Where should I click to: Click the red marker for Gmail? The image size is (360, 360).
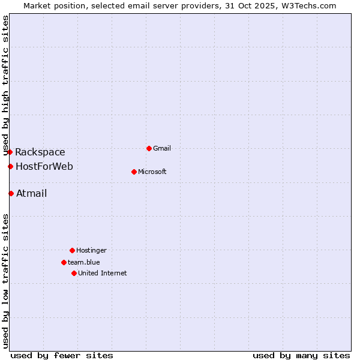149,148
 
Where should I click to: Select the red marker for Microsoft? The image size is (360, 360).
134,172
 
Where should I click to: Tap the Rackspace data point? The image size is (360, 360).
10,152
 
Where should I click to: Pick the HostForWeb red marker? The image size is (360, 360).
10,166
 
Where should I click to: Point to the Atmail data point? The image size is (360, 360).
11,193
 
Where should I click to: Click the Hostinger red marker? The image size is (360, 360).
72,250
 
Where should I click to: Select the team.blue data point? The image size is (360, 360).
64,262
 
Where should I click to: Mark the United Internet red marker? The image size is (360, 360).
74,273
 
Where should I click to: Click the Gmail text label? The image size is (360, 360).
162,148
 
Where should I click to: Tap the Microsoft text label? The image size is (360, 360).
152,172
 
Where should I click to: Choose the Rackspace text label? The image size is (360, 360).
40,152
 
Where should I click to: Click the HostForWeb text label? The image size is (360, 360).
44,166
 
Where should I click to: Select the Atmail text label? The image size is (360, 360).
31,193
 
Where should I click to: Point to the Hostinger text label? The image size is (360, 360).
91,250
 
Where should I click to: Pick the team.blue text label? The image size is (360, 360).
84,262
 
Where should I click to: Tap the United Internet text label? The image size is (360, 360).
103,273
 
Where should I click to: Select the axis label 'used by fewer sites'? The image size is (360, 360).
62,355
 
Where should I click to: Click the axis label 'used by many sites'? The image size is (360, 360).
301,355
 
